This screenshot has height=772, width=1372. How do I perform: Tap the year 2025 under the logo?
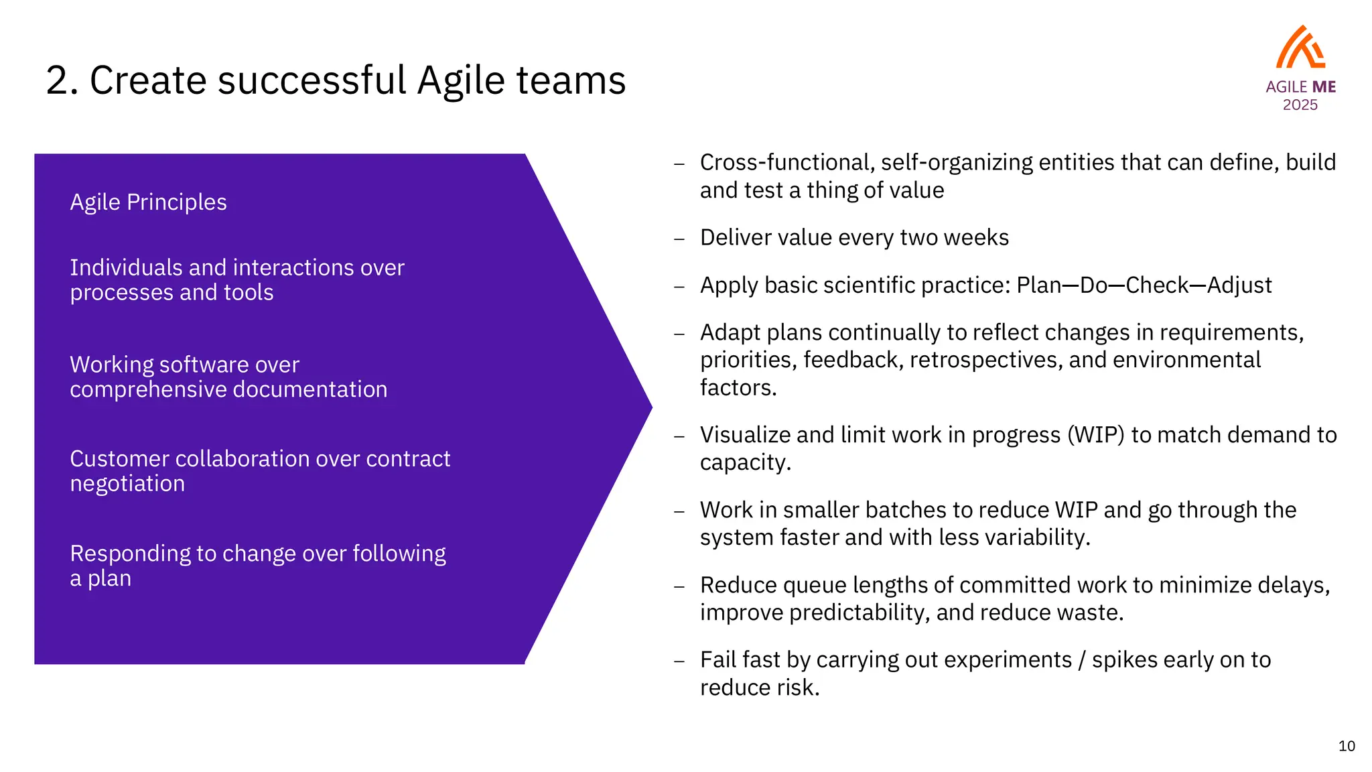(1300, 105)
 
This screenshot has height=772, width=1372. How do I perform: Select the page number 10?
(1347, 746)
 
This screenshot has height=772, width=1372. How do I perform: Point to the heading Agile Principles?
(148, 202)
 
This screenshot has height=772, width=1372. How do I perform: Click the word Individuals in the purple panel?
(126, 267)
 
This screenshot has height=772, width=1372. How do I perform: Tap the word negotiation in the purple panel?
(127, 484)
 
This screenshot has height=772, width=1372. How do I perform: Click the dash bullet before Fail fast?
(679, 661)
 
